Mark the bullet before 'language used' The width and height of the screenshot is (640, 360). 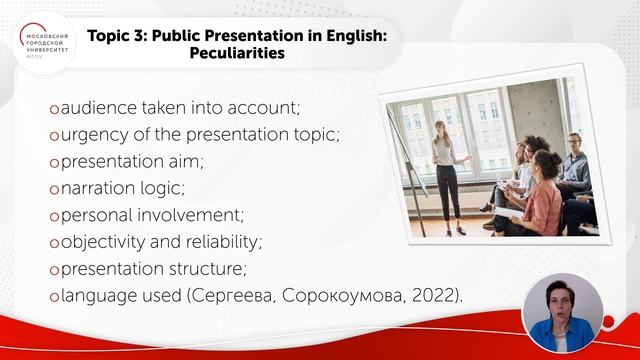(54, 297)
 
